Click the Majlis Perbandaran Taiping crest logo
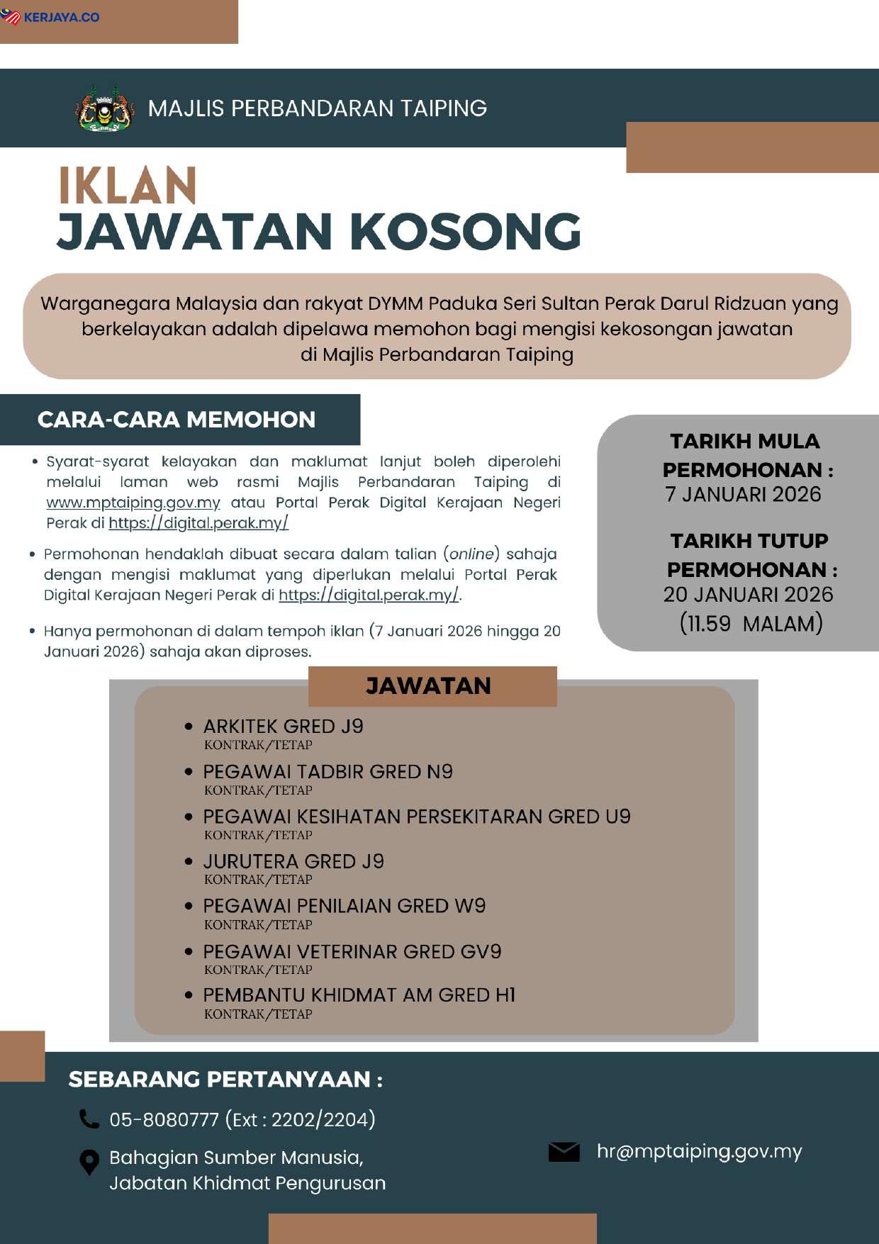pos(105,108)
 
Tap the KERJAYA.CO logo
pos(51,17)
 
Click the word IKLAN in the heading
pos(128,186)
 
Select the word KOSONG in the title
pos(466,232)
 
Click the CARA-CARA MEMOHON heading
pos(177,420)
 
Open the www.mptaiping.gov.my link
pos(133,503)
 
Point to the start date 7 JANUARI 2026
pos(743,494)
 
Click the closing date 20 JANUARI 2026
pos(748,594)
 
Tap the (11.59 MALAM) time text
pos(751,624)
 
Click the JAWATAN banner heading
pos(428,686)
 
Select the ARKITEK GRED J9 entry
pos(283,727)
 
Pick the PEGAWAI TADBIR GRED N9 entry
pos(327,772)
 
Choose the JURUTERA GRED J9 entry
pos(293,861)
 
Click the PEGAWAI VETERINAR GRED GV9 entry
pos(352,951)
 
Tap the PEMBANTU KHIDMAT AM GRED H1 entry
pos(359,995)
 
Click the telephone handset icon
pos(89,1119)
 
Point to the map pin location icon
pos(89,1162)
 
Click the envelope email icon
pos(564,1152)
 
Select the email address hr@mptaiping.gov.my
pos(699,1151)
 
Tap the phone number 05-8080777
pos(164,1120)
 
